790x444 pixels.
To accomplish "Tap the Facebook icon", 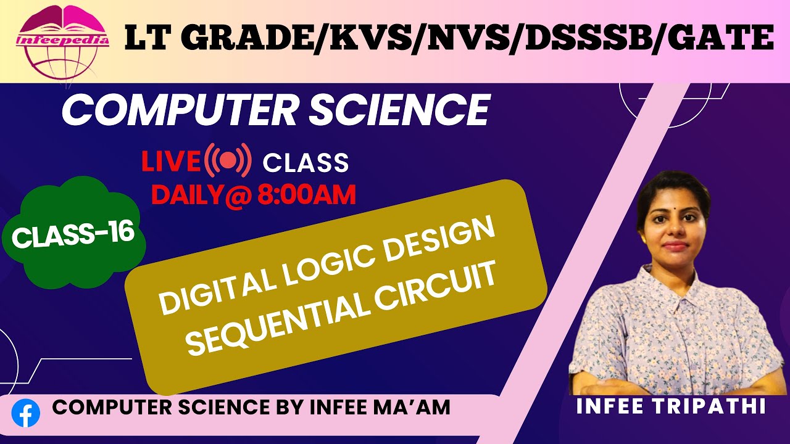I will coord(26,414).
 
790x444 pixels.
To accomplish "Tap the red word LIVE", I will coord(172,162).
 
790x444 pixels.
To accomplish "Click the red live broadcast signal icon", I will coord(228,161).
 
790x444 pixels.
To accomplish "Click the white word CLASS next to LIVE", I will coord(306,163).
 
